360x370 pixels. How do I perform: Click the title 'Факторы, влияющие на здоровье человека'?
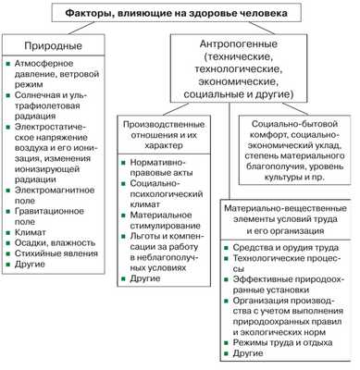pos(179,13)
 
